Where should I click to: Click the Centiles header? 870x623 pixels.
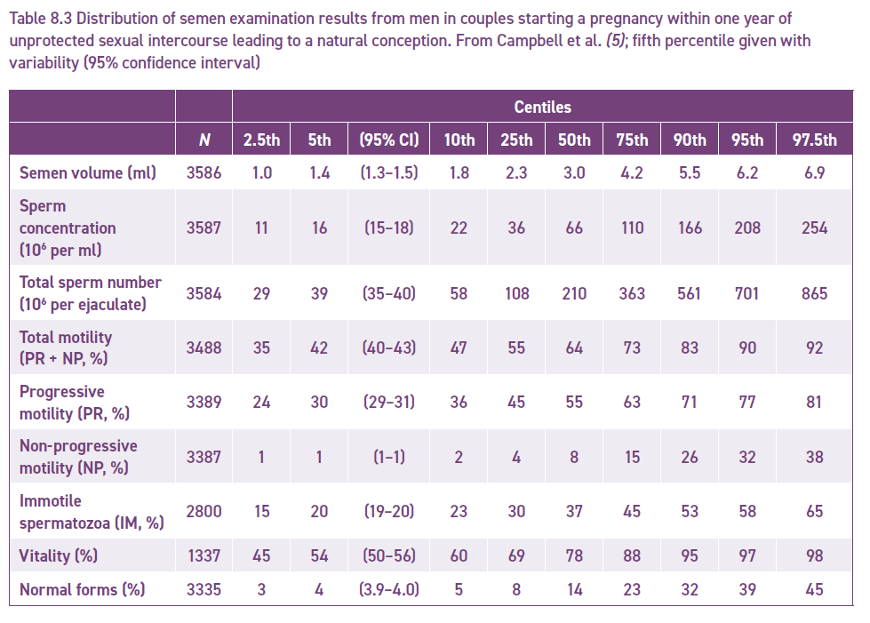pyautogui.click(x=542, y=107)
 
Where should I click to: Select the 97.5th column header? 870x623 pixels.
pyautogui.click(x=814, y=140)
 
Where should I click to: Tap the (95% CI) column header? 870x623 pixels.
pyautogui.click(x=389, y=140)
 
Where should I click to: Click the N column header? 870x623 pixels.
pyautogui.click(x=204, y=140)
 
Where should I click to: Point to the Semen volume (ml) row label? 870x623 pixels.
pyautogui.click(x=88, y=172)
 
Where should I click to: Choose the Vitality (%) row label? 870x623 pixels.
pyautogui.click(x=59, y=555)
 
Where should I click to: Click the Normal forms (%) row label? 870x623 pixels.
pyautogui.click(x=82, y=589)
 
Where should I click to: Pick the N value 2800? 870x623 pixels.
pyautogui.click(x=204, y=511)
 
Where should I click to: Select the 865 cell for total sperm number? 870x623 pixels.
pyautogui.click(x=814, y=293)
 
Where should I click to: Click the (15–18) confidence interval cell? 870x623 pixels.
pyautogui.click(x=389, y=228)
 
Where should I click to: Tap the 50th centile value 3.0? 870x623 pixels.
pyautogui.click(x=574, y=172)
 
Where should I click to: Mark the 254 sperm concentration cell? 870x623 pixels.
pyautogui.click(x=814, y=228)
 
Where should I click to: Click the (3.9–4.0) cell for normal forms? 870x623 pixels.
pyautogui.click(x=389, y=589)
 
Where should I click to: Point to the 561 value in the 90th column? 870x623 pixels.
pyautogui.click(x=689, y=293)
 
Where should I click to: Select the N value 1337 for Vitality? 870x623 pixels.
pyautogui.click(x=204, y=555)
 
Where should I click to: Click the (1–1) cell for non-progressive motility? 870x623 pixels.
pyautogui.click(x=389, y=457)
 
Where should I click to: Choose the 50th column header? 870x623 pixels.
pyautogui.click(x=574, y=140)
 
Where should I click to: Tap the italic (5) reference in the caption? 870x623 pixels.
pyautogui.click(x=616, y=41)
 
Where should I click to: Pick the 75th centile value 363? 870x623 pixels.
pyautogui.click(x=632, y=293)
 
